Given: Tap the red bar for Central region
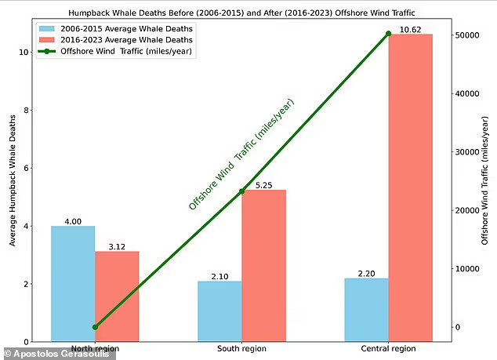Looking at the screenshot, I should (x=411, y=188).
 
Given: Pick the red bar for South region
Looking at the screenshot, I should (x=264, y=266).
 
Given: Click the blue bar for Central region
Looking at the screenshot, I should (x=367, y=310).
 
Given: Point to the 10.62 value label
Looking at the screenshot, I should (x=411, y=30).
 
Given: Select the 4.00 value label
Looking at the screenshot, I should (x=73, y=221).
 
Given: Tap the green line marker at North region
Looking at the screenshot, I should (x=95, y=327).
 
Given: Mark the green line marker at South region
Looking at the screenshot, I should (x=242, y=191).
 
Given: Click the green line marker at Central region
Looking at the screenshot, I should (x=389, y=34).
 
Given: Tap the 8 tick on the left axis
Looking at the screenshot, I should (x=24, y=110).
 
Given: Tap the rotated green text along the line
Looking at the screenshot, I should (x=241, y=155).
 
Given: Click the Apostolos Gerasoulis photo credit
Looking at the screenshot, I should (x=59, y=354).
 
